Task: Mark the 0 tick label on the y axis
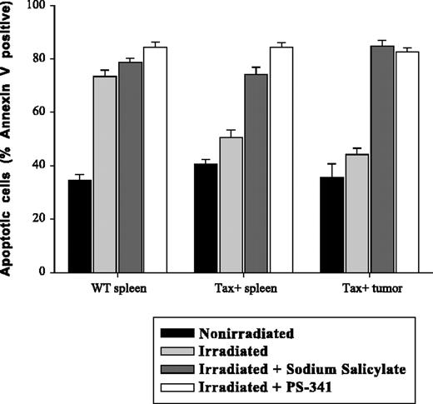click(41, 272)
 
